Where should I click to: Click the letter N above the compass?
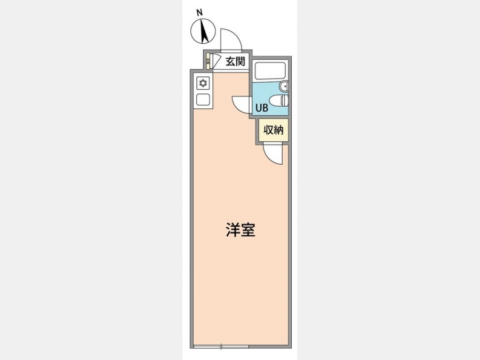pos(199,13)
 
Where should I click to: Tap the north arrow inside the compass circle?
pos(203,30)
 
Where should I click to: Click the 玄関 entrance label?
pos(235,61)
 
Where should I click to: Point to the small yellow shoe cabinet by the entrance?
pos(208,62)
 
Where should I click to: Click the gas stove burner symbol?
pos(203,83)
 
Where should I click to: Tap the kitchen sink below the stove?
pos(203,100)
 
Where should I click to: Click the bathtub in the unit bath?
pos(270,71)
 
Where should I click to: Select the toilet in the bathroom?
pos(279,100)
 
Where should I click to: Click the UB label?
pos(262,108)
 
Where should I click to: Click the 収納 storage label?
pos(274,130)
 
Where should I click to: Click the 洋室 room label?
pos(241,229)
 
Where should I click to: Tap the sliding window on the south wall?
pos(221,347)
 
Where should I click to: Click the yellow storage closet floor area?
pos(274,130)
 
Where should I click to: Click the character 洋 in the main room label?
pos(233,229)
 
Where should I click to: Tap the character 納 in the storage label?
pos(279,130)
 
